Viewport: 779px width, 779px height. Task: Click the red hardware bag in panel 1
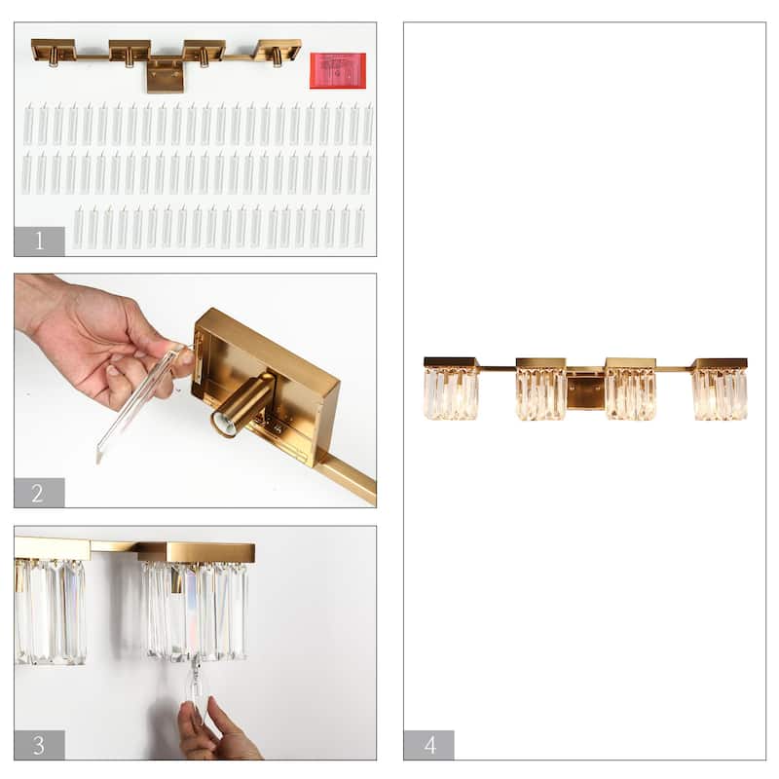coord(337,70)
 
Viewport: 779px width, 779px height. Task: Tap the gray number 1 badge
coord(39,241)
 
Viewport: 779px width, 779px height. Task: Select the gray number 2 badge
coord(39,493)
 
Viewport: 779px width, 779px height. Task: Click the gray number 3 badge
coord(39,745)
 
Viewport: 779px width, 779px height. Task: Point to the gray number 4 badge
coord(428,745)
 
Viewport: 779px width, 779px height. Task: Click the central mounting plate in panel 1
coord(165,75)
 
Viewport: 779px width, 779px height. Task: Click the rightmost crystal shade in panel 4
coord(721,392)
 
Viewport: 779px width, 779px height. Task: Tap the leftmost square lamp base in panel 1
coord(54,48)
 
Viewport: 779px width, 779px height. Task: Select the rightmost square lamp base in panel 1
coord(279,48)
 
